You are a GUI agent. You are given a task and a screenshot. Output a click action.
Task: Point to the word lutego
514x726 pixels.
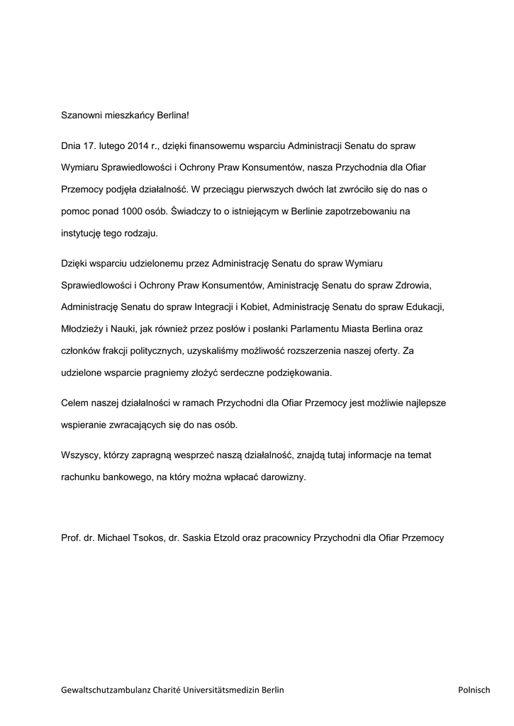point(108,146)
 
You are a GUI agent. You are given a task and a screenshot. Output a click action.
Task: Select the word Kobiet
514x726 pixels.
point(252,307)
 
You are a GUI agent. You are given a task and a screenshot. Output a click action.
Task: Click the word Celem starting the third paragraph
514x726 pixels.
point(76,403)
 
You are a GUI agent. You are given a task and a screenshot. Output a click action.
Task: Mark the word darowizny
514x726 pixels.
point(282,478)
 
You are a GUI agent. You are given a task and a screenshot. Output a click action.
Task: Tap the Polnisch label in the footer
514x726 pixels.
point(474,689)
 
